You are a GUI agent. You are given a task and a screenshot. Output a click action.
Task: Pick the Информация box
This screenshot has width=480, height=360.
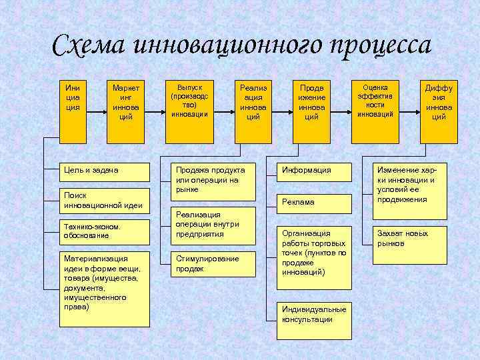click(314, 171)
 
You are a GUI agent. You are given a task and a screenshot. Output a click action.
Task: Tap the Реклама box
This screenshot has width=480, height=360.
click(314, 201)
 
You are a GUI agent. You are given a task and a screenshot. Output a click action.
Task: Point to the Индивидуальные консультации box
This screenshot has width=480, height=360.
click(314, 315)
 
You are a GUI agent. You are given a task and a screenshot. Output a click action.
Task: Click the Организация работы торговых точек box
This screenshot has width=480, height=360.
click(314, 257)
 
